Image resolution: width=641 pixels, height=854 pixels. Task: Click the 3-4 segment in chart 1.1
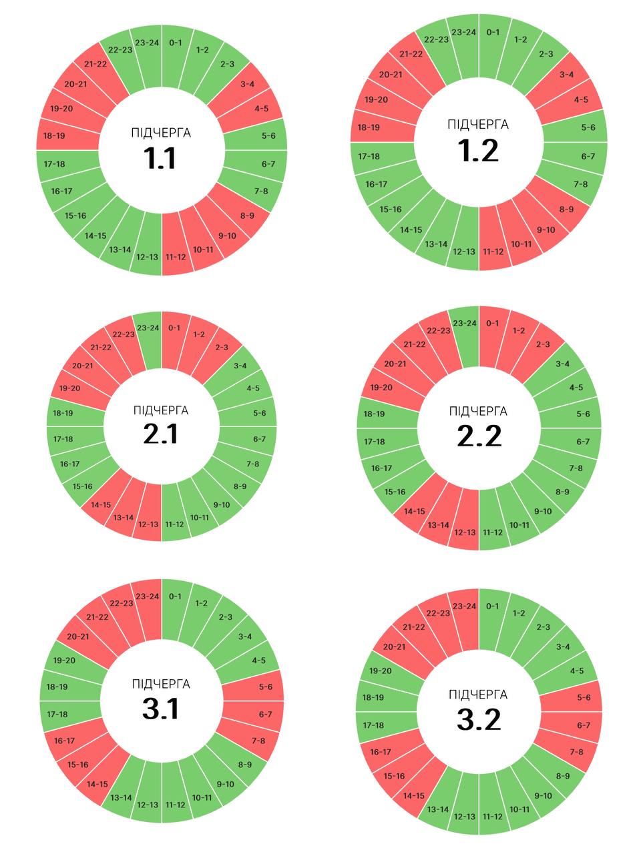click(x=247, y=84)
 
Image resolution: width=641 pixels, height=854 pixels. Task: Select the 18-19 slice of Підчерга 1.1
click(x=55, y=135)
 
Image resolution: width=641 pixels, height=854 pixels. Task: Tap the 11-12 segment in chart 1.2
click(x=493, y=252)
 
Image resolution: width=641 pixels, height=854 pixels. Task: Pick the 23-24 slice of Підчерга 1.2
click(x=463, y=33)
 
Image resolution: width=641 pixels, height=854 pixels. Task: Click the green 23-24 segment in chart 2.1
click(x=148, y=328)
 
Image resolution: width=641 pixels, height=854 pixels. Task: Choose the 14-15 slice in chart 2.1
click(x=101, y=505)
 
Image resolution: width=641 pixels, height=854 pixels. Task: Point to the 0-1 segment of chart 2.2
click(x=493, y=324)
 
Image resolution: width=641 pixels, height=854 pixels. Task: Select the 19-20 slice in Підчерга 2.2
click(x=381, y=388)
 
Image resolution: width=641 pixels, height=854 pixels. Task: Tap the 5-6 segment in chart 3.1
click(x=266, y=687)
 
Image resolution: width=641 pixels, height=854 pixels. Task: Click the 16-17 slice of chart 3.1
click(x=64, y=741)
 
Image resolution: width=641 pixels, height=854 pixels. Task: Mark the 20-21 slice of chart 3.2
click(x=394, y=647)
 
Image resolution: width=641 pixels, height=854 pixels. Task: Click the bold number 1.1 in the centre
click(x=160, y=159)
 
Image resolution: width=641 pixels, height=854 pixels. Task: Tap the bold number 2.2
click(x=479, y=436)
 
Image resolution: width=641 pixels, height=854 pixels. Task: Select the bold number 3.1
click(x=160, y=709)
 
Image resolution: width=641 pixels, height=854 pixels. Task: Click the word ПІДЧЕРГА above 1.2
click(x=478, y=125)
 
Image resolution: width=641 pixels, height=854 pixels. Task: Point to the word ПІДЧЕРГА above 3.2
click(x=478, y=695)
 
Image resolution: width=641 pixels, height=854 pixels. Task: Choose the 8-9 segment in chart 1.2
click(x=566, y=209)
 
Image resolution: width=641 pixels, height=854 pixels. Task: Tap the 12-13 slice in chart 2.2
click(x=465, y=532)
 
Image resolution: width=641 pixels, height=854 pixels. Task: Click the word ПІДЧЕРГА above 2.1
click(x=160, y=410)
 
